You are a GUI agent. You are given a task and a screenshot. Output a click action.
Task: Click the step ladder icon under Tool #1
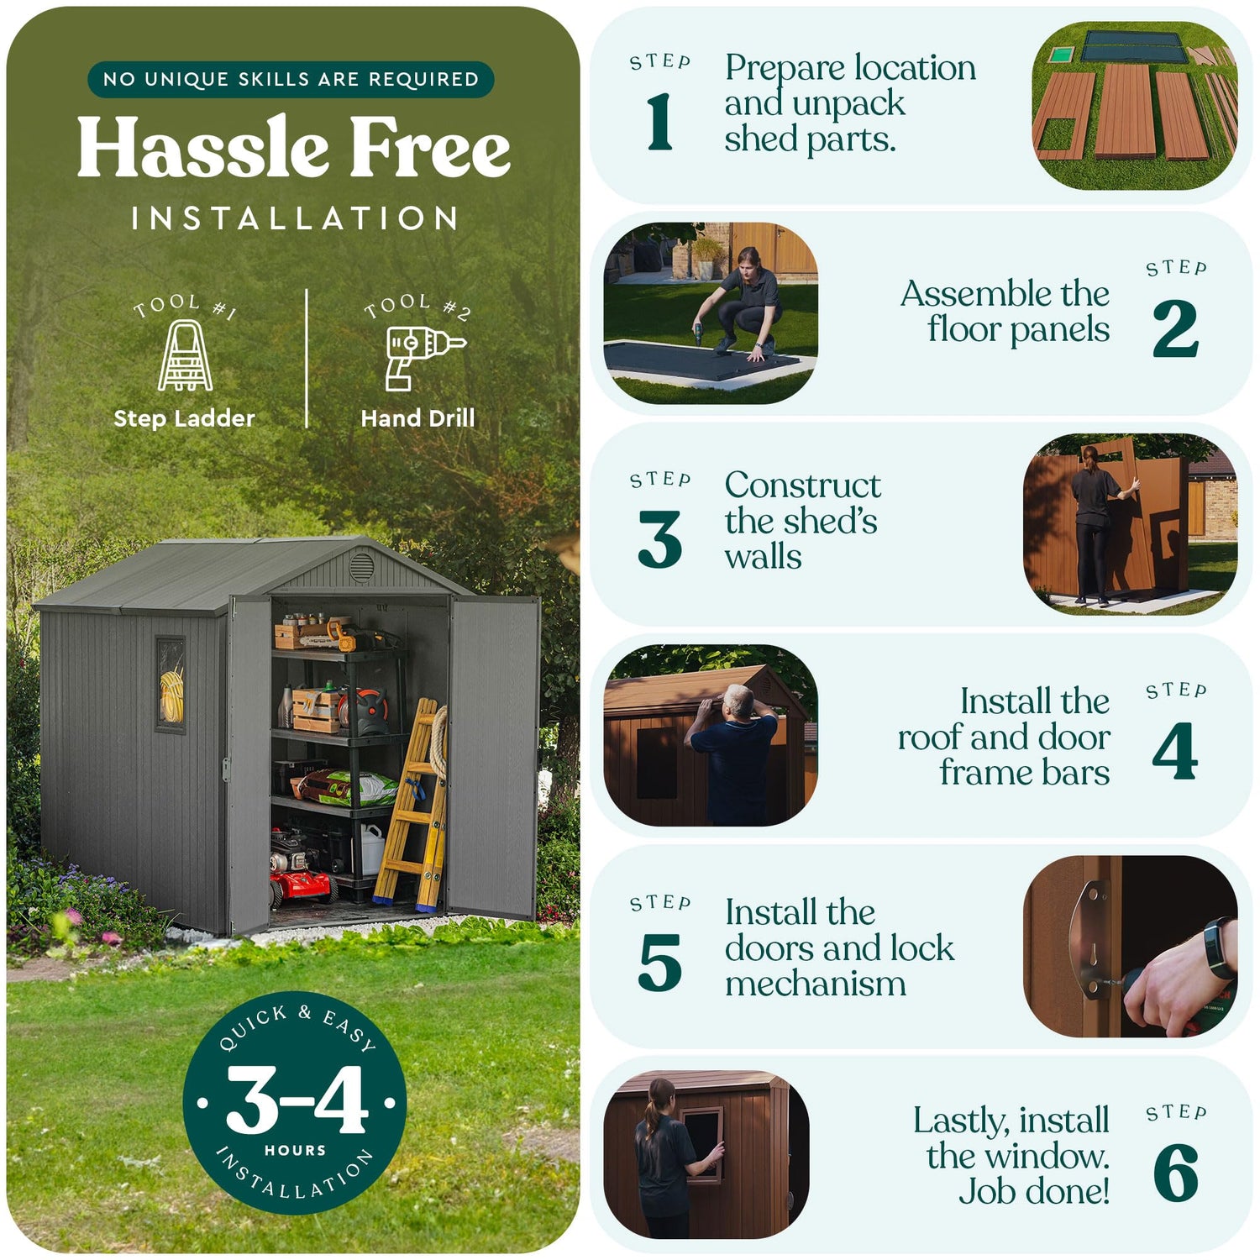186,355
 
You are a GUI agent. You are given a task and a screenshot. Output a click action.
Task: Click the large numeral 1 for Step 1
660,122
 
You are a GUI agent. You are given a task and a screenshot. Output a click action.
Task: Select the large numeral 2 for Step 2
1175,328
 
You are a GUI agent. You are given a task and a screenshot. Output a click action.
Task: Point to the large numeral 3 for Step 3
660,539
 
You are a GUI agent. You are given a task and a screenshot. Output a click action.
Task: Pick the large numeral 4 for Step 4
1175,751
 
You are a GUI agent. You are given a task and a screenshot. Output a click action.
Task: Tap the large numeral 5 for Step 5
660,963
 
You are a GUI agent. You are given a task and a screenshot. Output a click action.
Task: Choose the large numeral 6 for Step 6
1176,1173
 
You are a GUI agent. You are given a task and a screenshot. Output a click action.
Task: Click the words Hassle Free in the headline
294,148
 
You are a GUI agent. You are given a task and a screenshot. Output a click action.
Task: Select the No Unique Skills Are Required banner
291,79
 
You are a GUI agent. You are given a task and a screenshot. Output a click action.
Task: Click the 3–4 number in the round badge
297,1100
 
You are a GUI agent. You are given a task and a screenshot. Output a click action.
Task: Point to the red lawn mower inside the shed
300,874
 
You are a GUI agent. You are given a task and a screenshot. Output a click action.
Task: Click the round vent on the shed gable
361,567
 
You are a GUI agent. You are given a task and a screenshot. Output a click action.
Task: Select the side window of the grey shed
171,685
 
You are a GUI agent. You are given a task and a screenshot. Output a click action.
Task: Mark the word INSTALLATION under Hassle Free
294,218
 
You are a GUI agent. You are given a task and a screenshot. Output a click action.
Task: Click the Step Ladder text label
184,418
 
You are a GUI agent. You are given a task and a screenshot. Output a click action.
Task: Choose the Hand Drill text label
417,418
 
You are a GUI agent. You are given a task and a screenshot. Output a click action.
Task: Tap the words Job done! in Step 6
1034,1191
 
